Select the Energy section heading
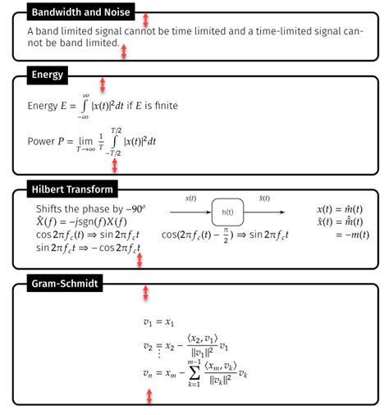[48, 75]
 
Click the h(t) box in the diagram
[228, 212]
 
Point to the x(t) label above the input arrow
[190, 198]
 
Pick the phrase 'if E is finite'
[152, 106]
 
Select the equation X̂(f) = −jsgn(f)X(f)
[81, 221]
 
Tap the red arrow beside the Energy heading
[103, 84]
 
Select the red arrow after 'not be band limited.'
[124, 51]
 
